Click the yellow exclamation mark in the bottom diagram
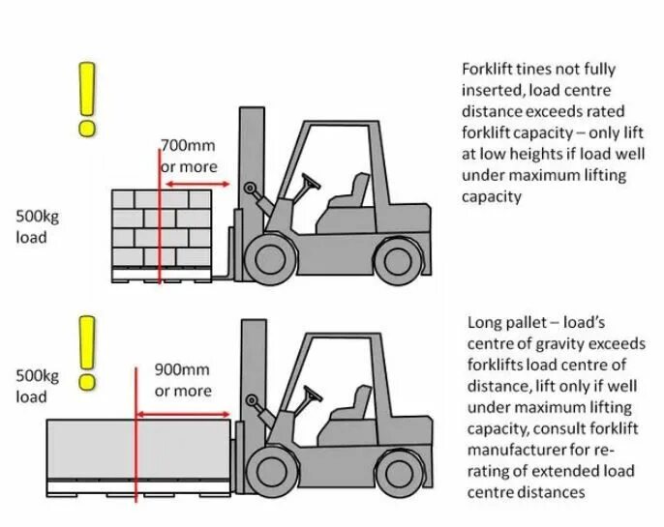(x=89, y=352)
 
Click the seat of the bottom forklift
(x=348, y=410)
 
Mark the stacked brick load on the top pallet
(x=161, y=228)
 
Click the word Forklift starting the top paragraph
(x=487, y=70)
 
